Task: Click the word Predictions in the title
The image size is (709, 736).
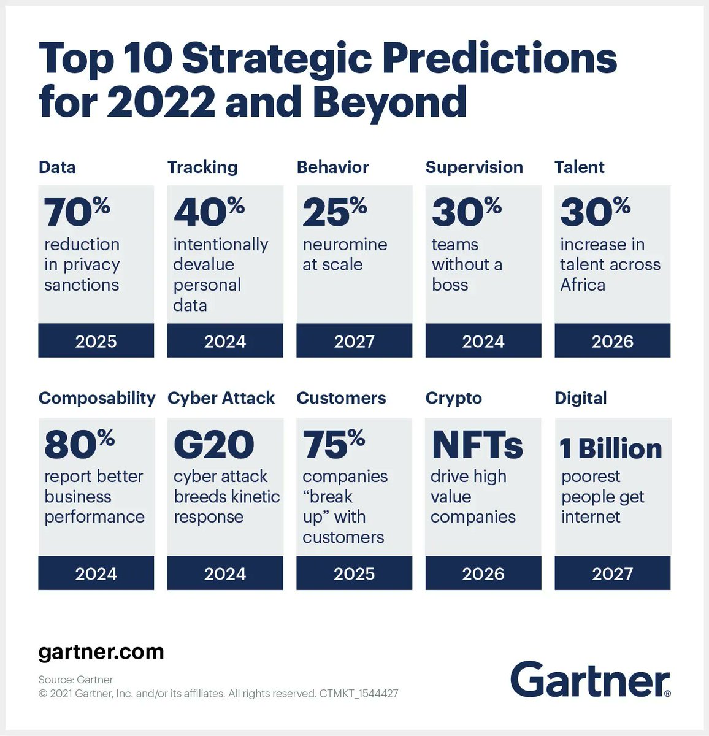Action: pyautogui.click(x=500, y=59)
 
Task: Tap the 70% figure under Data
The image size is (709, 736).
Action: pyautogui.click(x=77, y=212)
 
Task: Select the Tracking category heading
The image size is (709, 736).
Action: pyautogui.click(x=202, y=167)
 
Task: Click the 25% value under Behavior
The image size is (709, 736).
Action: pyautogui.click(x=334, y=212)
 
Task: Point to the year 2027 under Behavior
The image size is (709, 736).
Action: pyautogui.click(x=354, y=341)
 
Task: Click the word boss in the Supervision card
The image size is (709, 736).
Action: pyautogui.click(x=450, y=285)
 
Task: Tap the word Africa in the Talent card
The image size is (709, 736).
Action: pyautogui.click(x=582, y=285)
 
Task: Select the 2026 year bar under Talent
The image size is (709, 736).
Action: pyautogui.click(x=612, y=341)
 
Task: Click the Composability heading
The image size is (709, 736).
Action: pyautogui.click(x=97, y=398)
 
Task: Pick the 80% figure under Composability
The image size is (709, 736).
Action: pyautogui.click(x=79, y=445)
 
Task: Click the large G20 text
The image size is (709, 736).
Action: pyautogui.click(x=213, y=445)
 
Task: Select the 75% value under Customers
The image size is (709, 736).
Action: pyautogui.click(x=334, y=445)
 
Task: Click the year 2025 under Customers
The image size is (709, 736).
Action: pyautogui.click(x=354, y=573)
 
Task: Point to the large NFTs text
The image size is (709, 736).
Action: pyautogui.click(x=477, y=445)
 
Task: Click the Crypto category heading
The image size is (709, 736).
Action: pyautogui.click(x=453, y=398)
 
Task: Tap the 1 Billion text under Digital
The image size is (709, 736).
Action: pyautogui.click(x=611, y=449)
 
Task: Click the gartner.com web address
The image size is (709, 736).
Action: pyautogui.click(x=101, y=651)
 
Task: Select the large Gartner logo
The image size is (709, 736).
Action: pyautogui.click(x=590, y=680)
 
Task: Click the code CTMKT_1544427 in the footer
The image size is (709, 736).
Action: pyautogui.click(x=359, y=694)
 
